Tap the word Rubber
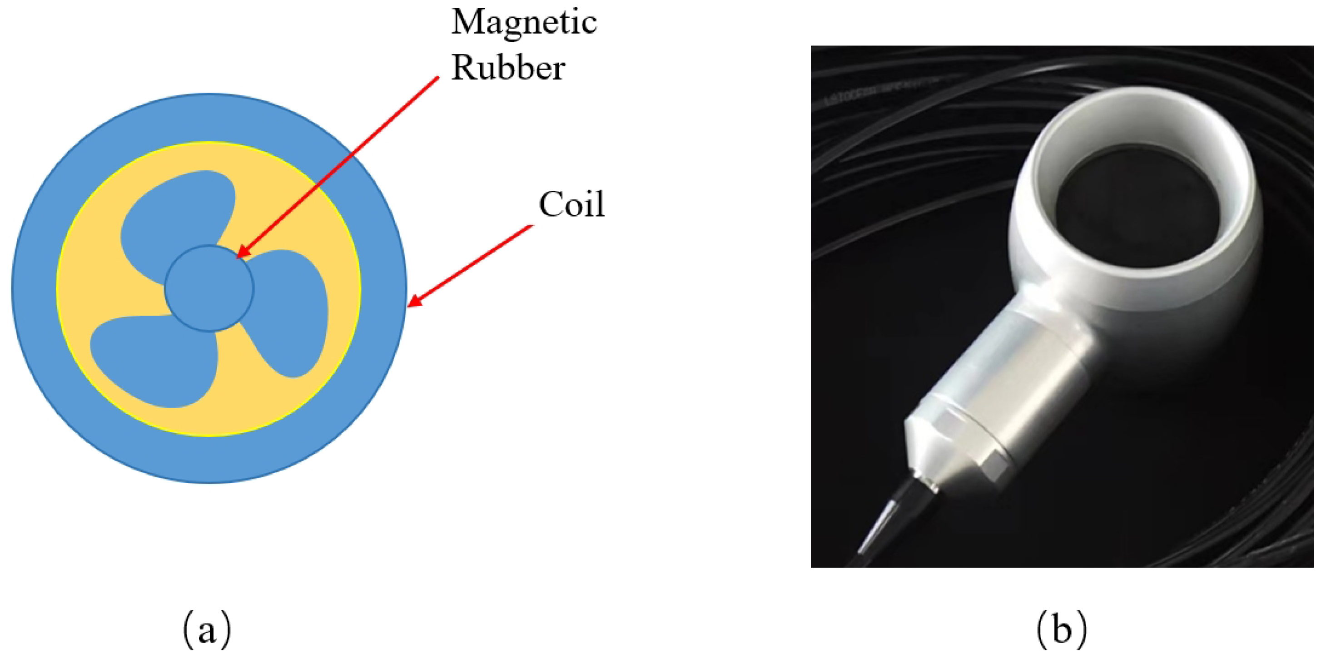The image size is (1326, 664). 508,68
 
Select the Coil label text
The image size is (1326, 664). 571,205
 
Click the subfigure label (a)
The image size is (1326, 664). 207,629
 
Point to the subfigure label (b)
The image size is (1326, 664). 1062,629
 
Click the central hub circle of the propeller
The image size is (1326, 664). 209,288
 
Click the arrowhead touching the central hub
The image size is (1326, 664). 242,252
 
